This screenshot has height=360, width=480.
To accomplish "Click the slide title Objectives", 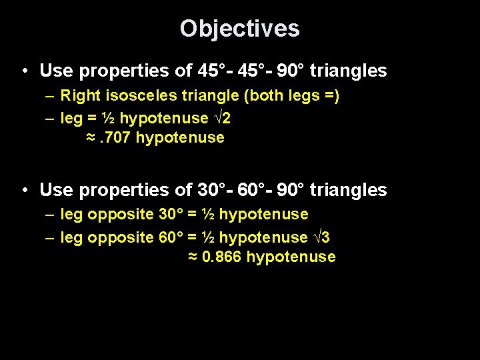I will coord(239,29).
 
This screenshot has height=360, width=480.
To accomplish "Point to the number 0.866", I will coord(221,257).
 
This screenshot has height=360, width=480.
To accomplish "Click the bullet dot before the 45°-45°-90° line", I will coord(24,71).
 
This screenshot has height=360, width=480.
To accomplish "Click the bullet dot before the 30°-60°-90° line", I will coord(24,190).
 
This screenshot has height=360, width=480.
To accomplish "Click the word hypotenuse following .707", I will coord(180,138).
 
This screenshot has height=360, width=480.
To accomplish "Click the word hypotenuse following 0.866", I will coord(291,257).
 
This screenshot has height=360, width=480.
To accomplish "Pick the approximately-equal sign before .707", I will coord(90,138).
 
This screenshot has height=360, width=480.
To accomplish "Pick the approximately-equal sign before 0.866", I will coord(193,257).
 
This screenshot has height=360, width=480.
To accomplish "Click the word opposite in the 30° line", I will coord(121,215).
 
